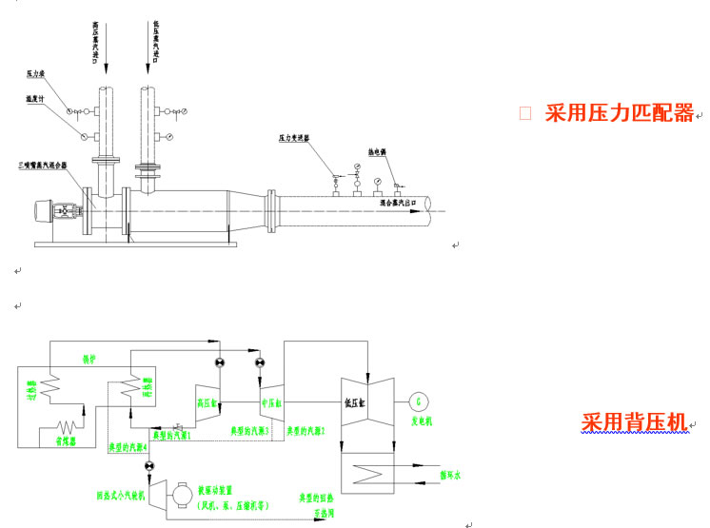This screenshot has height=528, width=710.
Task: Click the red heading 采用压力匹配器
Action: pyautogui.click(x=620, y=114)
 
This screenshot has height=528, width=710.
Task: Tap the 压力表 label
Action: pyautogui.click(x=37, y=72)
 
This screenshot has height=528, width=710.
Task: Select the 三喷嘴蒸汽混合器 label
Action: pyautogui.click(x=44, y=165)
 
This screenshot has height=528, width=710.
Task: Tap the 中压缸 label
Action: pyautogui.click(x=272, y=401)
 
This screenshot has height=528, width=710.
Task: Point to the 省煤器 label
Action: pyautogui.click(x=64, y=441)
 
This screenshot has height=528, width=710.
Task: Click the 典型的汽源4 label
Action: pyautogui.click(x=128, y=445)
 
